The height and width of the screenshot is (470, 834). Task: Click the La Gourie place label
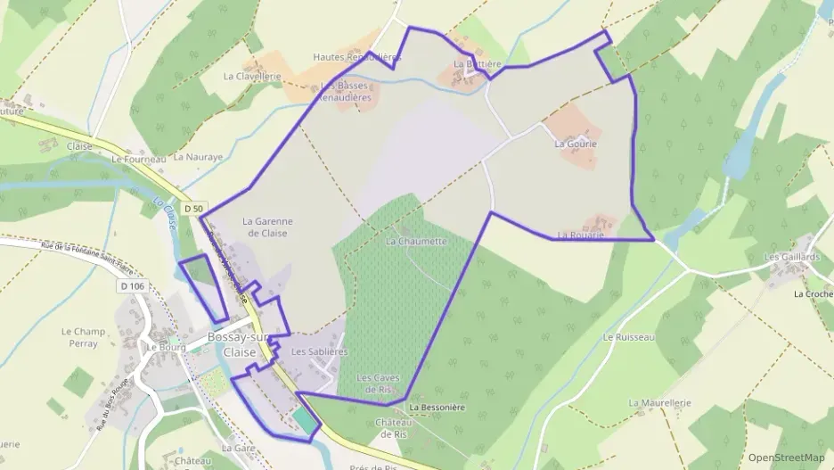tap(575, 143)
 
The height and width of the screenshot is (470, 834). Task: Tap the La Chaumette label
tap(416, 241)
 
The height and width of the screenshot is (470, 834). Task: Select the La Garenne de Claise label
tap(267, 227)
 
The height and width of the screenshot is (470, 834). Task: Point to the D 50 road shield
tap(194, 209)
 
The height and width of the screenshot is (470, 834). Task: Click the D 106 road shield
tap(132, 285)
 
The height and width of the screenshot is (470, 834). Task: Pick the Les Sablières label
tap(319, 351)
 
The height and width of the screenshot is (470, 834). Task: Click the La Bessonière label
tap(437, 407)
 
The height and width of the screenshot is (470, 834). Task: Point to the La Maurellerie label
tap(659, 402)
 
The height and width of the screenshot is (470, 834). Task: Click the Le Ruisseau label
tap(628, 337)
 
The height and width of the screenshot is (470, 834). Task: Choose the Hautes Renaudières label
tap(356, 56)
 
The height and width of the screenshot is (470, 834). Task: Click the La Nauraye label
tap(197, 156)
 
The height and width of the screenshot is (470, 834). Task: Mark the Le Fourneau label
tap(139, 159)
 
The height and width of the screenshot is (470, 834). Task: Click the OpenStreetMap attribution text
tap(786, 457)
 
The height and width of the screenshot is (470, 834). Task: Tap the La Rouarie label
tap(580, 235)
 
